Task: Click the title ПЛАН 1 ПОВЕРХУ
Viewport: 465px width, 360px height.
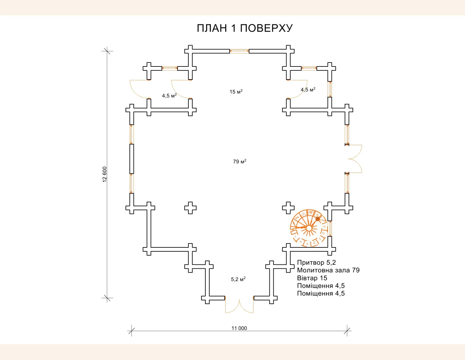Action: [245, 28]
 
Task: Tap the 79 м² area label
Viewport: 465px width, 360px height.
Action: [239, 161]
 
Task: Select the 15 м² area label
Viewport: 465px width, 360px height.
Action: [236, 92]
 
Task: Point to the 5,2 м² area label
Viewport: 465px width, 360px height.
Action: [238, 279]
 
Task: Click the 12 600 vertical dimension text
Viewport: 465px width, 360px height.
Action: [105, 174]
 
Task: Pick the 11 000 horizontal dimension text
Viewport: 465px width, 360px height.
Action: [239, 328]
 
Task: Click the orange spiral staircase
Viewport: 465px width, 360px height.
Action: [308, 228]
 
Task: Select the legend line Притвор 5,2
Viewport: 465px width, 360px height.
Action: [316, 262]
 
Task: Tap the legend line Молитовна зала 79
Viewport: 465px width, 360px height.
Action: [328, 270]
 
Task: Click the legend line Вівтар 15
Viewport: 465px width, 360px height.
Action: [312, 278]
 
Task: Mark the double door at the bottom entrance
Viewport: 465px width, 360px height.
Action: [239, 306]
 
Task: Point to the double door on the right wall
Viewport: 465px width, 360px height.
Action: [355, 159]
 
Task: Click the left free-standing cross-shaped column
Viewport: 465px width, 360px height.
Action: [190, 208]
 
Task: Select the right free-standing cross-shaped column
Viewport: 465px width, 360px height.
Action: [288, 208]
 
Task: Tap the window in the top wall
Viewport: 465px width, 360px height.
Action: [239, 51]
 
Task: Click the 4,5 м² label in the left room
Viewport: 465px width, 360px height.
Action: [169, 96]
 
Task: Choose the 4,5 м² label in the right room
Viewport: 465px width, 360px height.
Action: [308, 89]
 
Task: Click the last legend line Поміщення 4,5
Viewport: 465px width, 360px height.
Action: [320, 294]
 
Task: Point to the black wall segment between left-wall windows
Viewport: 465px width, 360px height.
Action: [131, 159]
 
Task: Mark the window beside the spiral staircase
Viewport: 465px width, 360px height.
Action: [330, 228]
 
